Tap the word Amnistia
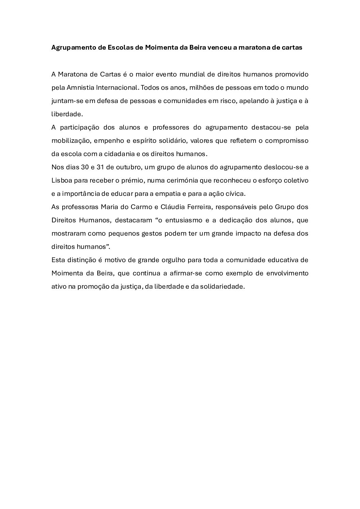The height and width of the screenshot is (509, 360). point(80,87)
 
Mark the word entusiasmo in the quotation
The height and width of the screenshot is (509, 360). point(183,220)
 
